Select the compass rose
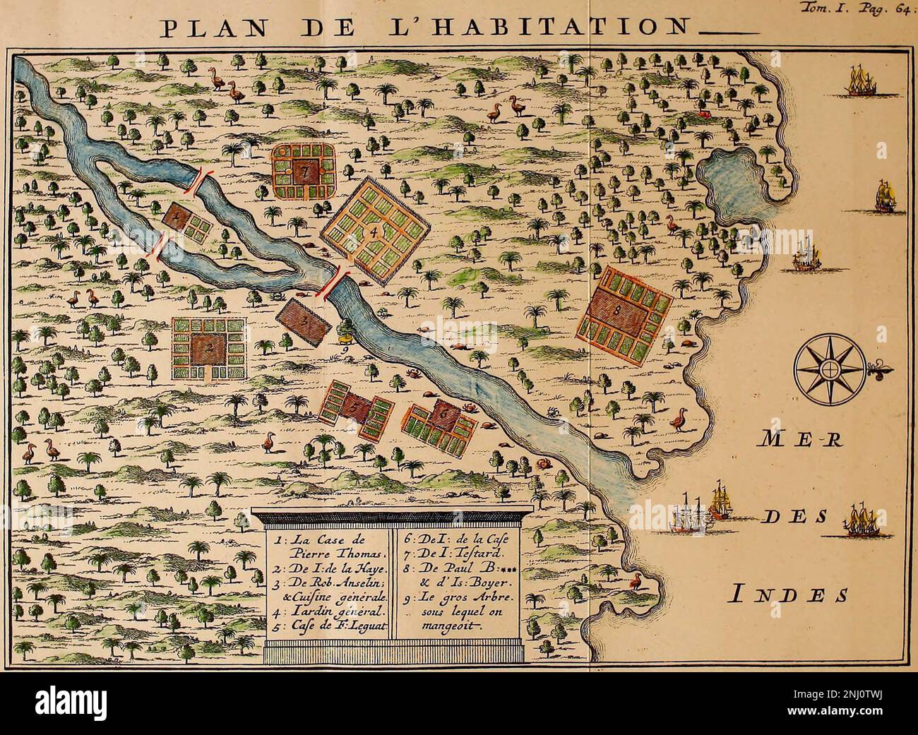click(x=827, y=368)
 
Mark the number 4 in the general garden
click(x=375, y=230)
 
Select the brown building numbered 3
click(x=303, y=321)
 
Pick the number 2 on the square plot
click(x=209, y=347)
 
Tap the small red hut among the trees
click(x=703, y=112)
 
